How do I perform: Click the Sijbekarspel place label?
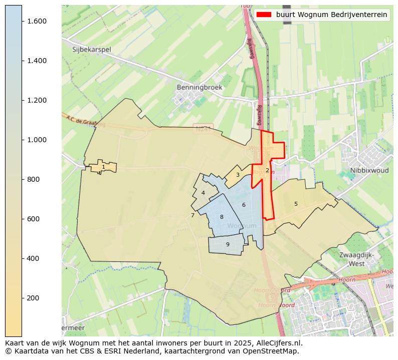pyautogui.click(x=91, y=50)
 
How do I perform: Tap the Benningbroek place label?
pyautogui.click(x=199, y=87)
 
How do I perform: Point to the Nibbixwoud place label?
pyautogui.click(x=369, y=170)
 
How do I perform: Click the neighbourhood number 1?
pyautogui.click(x=103, y=167)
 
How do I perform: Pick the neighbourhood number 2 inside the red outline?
pyautogui.click(x=267, y=171)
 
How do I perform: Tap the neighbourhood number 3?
pyautogui.click(x=238, y=175)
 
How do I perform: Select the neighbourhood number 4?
pyautogui.click(x=203, y=193)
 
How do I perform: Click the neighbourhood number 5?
pyautogui.click(x=296, y=204)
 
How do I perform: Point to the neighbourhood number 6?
pyautogui.click(x=244, y=205)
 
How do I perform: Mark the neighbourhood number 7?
pyautogui.click(x=192, y=216)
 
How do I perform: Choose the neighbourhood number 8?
pyautogui.click(x=222, y=217)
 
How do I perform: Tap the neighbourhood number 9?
pyautogui.click(x=228, y=245)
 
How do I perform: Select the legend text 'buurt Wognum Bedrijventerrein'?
pyautogui.click(x=331, y=15)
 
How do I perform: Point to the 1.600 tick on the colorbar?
pyautogui.click(x=37, y=21)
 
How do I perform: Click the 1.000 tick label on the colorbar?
pyautogui.click(x=37, y=140)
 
